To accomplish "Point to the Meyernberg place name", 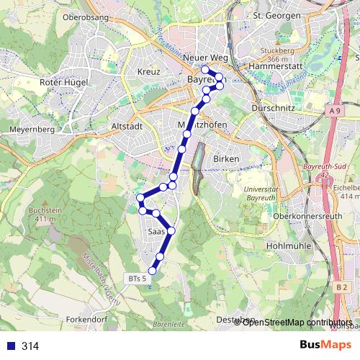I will tap(32, 130).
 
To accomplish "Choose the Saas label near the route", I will tap(156, 233).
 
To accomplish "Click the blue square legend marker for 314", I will tap(10, 346).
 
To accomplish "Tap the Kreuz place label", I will tap(148, 72).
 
